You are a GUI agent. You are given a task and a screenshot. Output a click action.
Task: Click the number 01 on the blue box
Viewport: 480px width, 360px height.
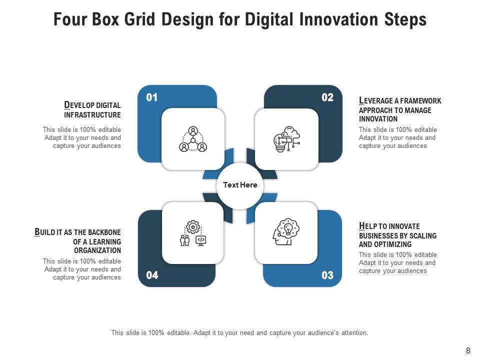point(151,97)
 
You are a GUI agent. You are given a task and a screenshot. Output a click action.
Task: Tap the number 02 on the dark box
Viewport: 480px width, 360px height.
point(327,97)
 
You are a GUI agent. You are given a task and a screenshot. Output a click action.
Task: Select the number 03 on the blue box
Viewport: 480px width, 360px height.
point(327,275)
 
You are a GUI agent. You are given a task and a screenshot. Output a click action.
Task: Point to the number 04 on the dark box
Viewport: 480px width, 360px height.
point(152,275)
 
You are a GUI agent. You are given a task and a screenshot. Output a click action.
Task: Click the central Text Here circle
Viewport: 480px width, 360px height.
point(240,185)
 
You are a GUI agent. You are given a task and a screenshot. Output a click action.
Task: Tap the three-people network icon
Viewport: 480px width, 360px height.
point(193,139)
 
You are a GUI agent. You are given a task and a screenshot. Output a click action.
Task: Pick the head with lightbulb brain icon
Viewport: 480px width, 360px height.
point(286,232)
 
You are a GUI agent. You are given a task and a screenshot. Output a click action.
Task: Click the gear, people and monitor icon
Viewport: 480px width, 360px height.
point(193,233)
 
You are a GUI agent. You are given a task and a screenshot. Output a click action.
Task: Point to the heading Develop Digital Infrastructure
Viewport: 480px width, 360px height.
point(92,110)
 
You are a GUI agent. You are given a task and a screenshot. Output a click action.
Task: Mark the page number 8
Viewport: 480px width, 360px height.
point(468,351)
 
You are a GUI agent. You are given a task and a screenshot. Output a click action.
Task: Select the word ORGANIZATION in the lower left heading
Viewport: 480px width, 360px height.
point(97,250)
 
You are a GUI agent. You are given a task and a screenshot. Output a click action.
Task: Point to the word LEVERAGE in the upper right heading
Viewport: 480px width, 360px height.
point(375,101)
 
